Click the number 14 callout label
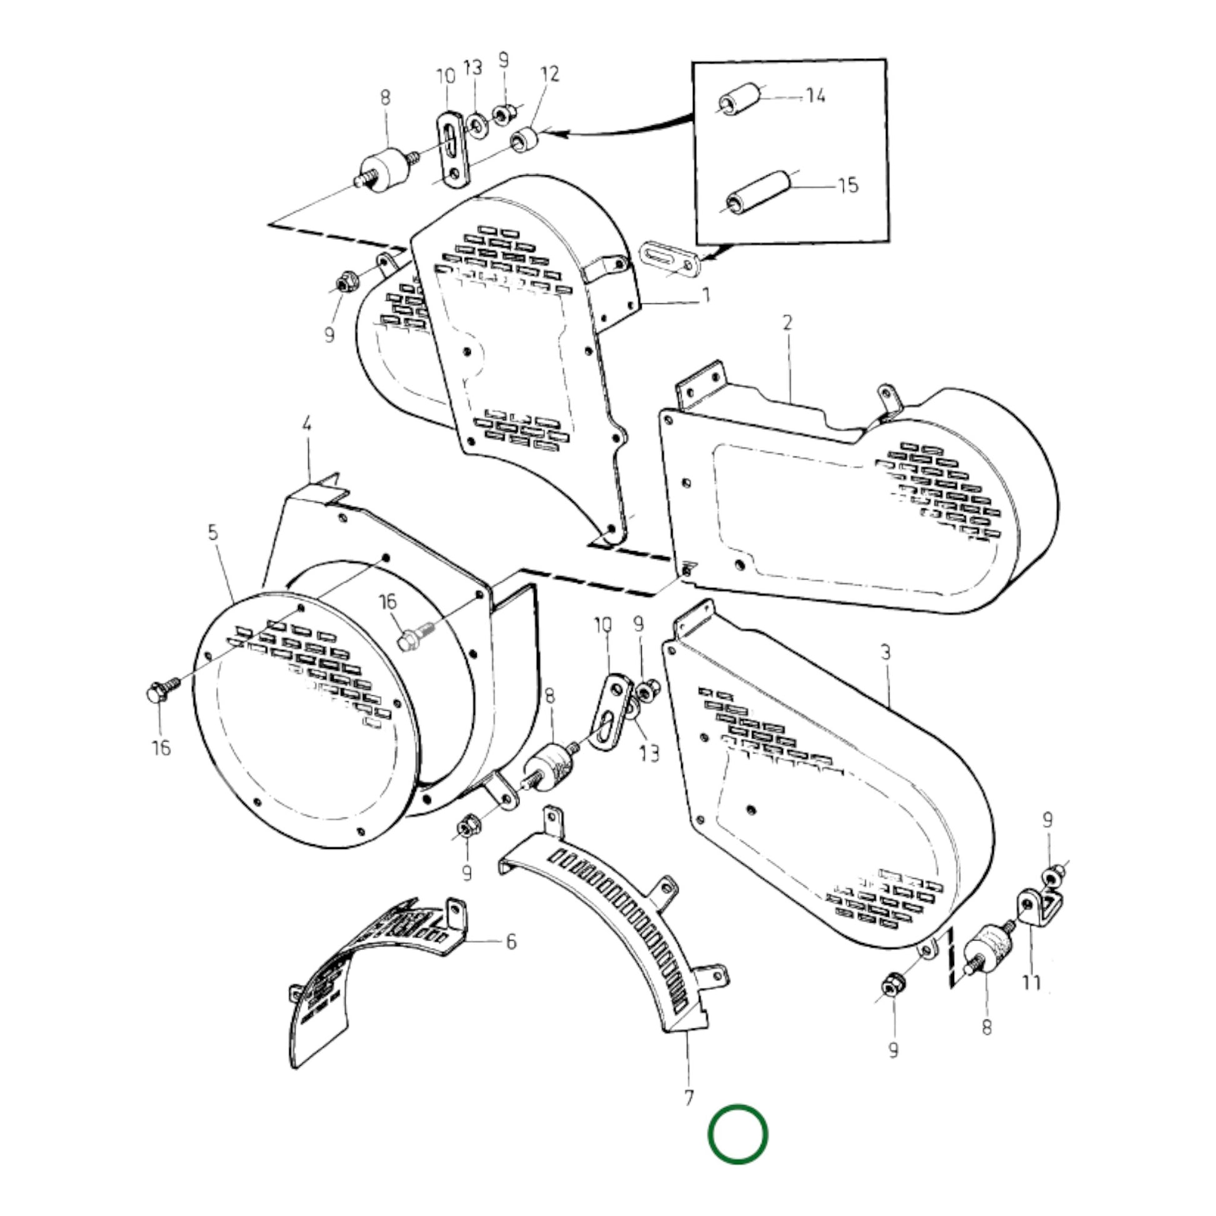click(x=815, y=96)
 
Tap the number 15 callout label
click(x=848, y=185)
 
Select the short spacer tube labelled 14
click(x=740, y=98)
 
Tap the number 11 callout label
click(x=1031, y=982)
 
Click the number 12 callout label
click(x=549, y=74)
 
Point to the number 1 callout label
click(x=706, y=294)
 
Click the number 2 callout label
click(x=787, y=323)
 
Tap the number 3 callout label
click(x=885, y=652)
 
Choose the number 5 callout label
click(x=213, y=532)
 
